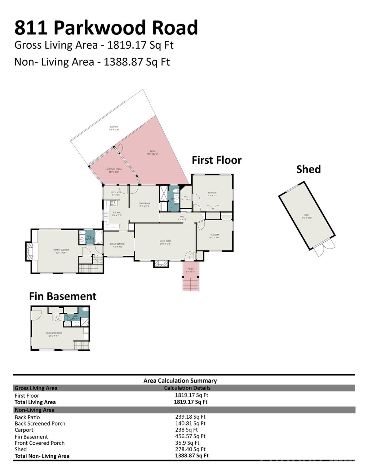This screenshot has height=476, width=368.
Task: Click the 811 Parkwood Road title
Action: tap(106, 28)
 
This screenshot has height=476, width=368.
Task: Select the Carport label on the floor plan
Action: tap(114, 128)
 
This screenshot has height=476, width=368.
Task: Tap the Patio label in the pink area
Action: tap(152, 152)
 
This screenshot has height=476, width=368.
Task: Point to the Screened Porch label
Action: tap(114, 170)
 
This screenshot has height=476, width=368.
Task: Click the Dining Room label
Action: tap(144, 205)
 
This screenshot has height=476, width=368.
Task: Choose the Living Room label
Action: tap(165, 242)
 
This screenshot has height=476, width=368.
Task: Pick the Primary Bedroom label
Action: tap(61, 251)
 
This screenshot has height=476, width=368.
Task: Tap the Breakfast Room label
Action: tap(118, 245)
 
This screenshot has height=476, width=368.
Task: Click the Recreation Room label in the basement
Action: tap(54, 334)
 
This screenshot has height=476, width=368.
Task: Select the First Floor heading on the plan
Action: tap(216, 160)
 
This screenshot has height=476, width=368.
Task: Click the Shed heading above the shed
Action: tap(308, 169)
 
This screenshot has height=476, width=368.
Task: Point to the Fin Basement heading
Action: tap(63, 296)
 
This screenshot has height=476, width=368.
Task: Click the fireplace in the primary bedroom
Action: tap(31, 251)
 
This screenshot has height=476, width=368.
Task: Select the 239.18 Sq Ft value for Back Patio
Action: tap(190, 417)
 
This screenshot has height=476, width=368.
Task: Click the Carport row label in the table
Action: tap(24, 430)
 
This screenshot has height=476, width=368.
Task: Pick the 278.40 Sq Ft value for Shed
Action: tap(190, 449)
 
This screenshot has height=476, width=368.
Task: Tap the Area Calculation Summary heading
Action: tap(180, 381)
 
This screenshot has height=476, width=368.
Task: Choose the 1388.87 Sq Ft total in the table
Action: tap(192, 456)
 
